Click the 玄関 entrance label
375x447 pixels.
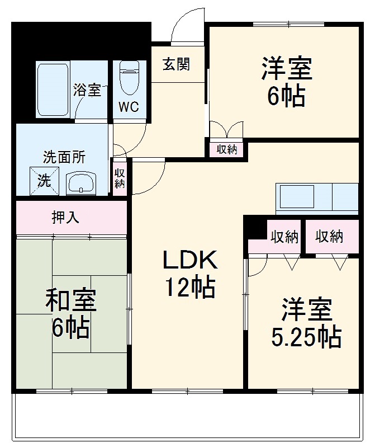coord(176,64)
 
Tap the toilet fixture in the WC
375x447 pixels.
coord(129,77)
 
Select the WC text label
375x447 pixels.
coord(129,107)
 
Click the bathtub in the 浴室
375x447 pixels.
coord(53,90)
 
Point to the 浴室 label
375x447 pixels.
coord(87,90)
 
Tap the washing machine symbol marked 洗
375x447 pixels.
coord(44,181)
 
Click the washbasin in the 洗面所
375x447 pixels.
coord(82,183)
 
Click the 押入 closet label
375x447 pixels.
coord(65,217)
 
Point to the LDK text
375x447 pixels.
coord(190,260)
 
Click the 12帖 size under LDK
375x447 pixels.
coord(190,286)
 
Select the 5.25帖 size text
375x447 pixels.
coord(306,337)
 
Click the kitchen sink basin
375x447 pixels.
coord(297,196)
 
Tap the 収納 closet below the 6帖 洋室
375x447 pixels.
coord(227,149)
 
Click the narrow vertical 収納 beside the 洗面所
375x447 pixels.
coord(120,178)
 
